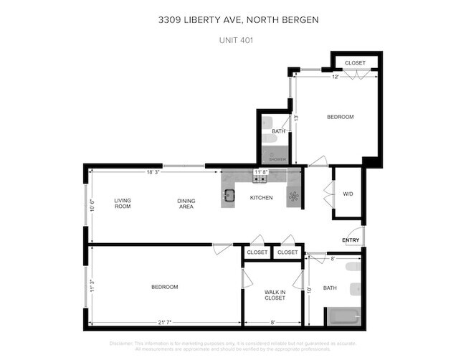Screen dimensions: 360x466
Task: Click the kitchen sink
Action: [229, 195]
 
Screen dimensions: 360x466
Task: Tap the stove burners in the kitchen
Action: [293, 195]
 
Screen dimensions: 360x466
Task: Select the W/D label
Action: [348, 194]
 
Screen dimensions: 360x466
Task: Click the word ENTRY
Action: [351, 240]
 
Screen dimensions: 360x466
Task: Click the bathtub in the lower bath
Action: [343, 316]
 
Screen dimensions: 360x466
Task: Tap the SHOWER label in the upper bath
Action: [277, 159]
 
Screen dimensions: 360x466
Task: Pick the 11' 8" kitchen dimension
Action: [261, 172]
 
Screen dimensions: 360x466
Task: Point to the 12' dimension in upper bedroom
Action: [335, 77]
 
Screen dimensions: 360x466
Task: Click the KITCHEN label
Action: [261, 197]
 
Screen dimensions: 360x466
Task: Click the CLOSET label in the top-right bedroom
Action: [355, 63]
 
